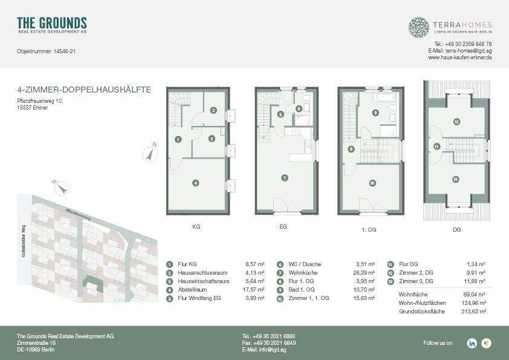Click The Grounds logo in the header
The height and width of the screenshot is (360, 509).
(52, 25)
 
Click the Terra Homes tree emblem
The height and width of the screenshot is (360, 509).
(418, 27)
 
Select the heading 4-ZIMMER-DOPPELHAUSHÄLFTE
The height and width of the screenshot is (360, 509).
(84, 90)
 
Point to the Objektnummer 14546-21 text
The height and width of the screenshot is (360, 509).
(46, 51)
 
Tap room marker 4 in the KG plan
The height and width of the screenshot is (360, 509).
(195, 183)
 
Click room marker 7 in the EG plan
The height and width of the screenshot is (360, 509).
(284, 178)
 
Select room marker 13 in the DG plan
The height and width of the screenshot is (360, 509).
(455, 179)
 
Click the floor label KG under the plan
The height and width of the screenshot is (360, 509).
(196, 227)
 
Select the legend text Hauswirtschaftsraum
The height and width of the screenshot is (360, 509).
(204, 281)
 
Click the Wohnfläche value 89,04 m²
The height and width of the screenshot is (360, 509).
(475, 294)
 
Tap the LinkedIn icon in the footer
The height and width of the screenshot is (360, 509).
(472, 343)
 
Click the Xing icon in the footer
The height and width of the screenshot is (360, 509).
(486, 343)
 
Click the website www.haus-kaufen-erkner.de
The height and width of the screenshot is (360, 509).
(459, 57)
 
